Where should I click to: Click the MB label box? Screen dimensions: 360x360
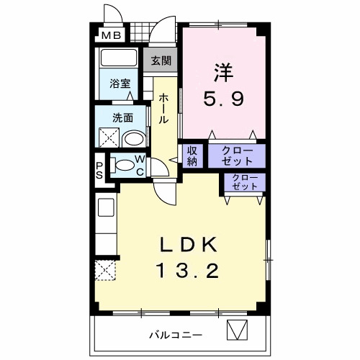[x=110, y=35]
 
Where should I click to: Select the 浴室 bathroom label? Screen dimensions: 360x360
[x=119, y=84]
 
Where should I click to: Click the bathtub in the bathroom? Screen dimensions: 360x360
[x=120, y=58]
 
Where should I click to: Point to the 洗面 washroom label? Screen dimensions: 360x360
[x=121, y=117]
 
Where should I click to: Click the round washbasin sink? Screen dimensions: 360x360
[x=133, y=138]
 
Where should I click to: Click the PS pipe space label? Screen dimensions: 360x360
[x=100, y=170]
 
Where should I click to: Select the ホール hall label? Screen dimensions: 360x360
[x=165, y=108]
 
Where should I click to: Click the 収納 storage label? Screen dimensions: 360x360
[x=192, y=156]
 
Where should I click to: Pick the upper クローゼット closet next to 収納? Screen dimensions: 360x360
[x=237, y=156]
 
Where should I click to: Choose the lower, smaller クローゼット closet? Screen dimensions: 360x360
[x=245, y=182]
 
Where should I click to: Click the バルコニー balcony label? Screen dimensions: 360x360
[x=176, y=335]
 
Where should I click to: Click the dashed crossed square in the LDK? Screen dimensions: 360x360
[x=105, y=271]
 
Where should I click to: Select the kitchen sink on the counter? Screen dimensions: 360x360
[x=105, y=209]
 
